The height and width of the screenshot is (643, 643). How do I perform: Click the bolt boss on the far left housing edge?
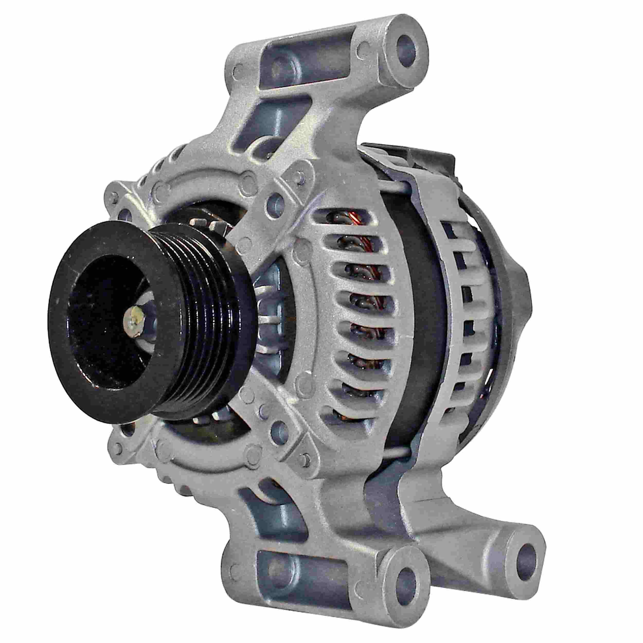point(123,213)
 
